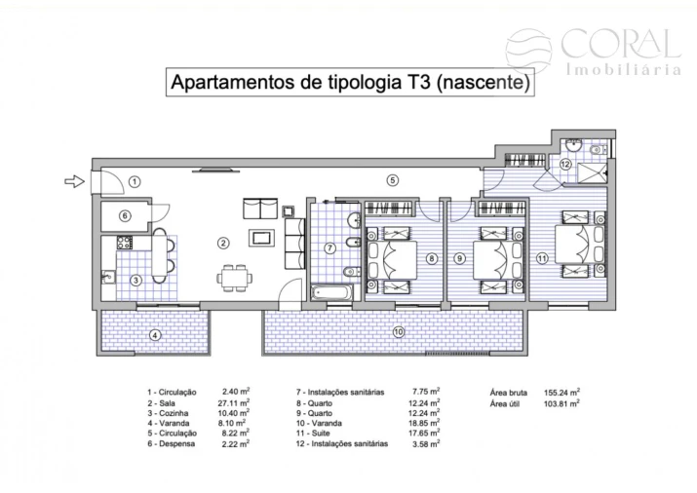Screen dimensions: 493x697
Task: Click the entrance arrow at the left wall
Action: [73, 180]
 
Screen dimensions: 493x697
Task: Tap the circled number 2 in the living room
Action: [223, 243]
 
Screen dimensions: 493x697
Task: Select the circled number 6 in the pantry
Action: [125, 216]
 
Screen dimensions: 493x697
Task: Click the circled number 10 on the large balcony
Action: [153, 335]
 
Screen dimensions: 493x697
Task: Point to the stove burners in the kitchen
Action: [125, 242]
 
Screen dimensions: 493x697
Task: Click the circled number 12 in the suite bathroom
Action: [565, 166]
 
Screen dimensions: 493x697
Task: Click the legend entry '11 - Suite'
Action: [325, 434]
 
